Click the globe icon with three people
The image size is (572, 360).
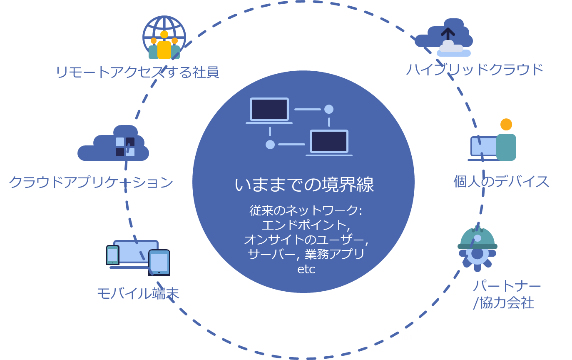coord(164,38)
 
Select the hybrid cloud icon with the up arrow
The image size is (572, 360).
coord(445,37)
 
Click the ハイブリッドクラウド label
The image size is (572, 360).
coord(475,69)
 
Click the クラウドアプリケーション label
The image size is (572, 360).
coord(91,182)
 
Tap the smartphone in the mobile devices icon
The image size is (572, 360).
coord(112,255)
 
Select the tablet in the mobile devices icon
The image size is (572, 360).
coord(159,262)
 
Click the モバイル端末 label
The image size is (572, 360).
coord(138,294)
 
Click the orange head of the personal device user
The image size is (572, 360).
coord(506,124)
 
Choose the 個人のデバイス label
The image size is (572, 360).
coord(501,182)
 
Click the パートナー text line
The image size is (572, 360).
coord(507,286)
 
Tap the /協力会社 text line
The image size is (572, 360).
coord(503,303)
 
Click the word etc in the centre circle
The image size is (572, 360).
coord(306,269)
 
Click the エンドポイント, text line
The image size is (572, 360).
coord(304,225)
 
